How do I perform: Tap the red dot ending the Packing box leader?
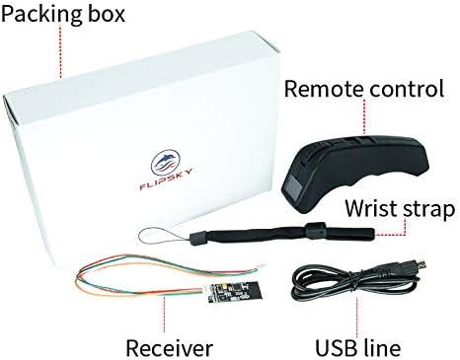click(63, 75)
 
